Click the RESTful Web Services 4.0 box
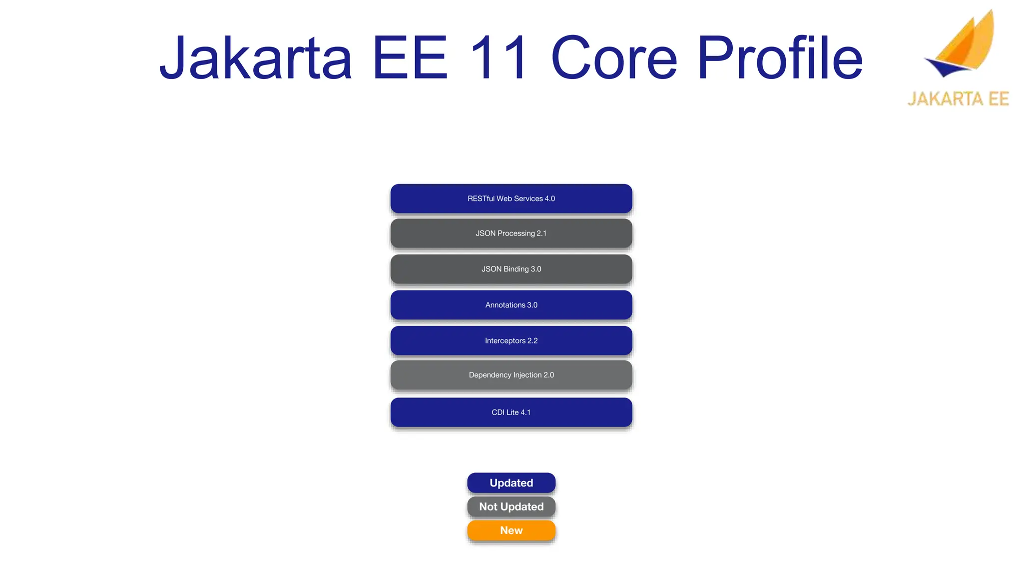tap(511, 198)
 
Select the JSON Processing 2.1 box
tap(511, 233)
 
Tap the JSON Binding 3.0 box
tap(511, 269)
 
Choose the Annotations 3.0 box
tap(511, 305)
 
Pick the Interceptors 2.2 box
tap(511, 340)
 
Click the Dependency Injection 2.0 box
tap(511, 375)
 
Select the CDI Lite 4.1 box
tap(511, 412)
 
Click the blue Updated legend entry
tap(511, 483)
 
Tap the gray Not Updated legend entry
tap(511, 506)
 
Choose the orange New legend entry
tap(511, 530)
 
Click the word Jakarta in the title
tap(256, 58)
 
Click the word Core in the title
tap(614, 58)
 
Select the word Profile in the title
tap(780, 58)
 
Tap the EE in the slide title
tap(410, 58)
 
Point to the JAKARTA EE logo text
tap(958, 98)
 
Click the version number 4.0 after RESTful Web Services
tap(549, 198)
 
